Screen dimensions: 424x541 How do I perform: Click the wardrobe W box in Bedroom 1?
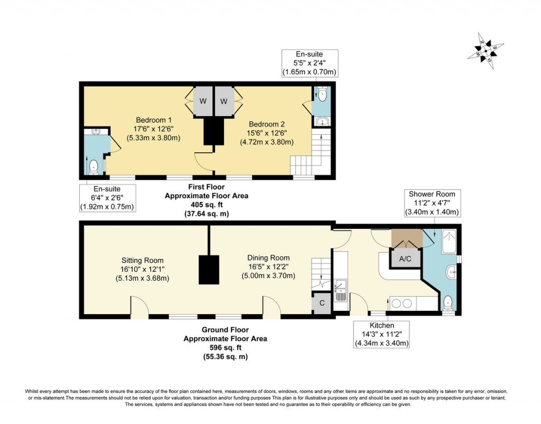[203, 101]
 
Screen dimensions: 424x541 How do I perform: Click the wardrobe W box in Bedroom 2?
[223, 101]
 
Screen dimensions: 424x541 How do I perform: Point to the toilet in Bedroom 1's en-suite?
[94, 167]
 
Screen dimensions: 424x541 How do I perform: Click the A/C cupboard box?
[406, 259]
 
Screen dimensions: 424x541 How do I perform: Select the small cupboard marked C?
[322, 304]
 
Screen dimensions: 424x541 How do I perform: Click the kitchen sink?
[340, 290]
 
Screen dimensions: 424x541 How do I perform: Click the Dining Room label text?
[268, 258]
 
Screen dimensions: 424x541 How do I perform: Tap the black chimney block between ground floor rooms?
[209, 270]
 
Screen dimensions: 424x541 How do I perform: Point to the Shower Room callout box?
[431, 203]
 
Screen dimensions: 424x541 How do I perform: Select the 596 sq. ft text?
[225, 347]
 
